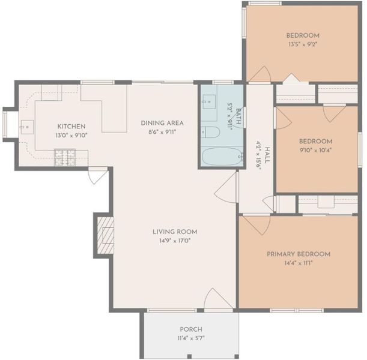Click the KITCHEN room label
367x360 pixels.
pos(71,127)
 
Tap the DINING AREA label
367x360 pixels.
pos(162,123)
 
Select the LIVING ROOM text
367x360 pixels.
pos(175,232)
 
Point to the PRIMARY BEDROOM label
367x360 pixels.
pos(299,254)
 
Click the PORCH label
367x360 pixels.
pos(191,329)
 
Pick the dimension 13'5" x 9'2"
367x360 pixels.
pos(303,44)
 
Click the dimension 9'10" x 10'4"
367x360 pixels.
pos(315,150)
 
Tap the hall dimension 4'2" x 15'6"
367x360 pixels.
pos(258,155)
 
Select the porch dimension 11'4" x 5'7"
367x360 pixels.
pos(191,338)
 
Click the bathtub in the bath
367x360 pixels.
pos(222,157)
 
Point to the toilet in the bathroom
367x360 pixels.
pos(210,133)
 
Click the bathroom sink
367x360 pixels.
pos(209,101)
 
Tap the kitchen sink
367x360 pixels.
pos(27,127)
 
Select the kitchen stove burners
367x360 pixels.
pos(65,157)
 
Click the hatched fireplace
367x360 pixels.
pos(105,236)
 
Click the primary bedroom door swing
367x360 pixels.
pos(256,225)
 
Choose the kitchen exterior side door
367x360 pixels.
pos(99,176)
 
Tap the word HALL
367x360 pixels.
pos(267,155)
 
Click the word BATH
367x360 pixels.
pos(238,116)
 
